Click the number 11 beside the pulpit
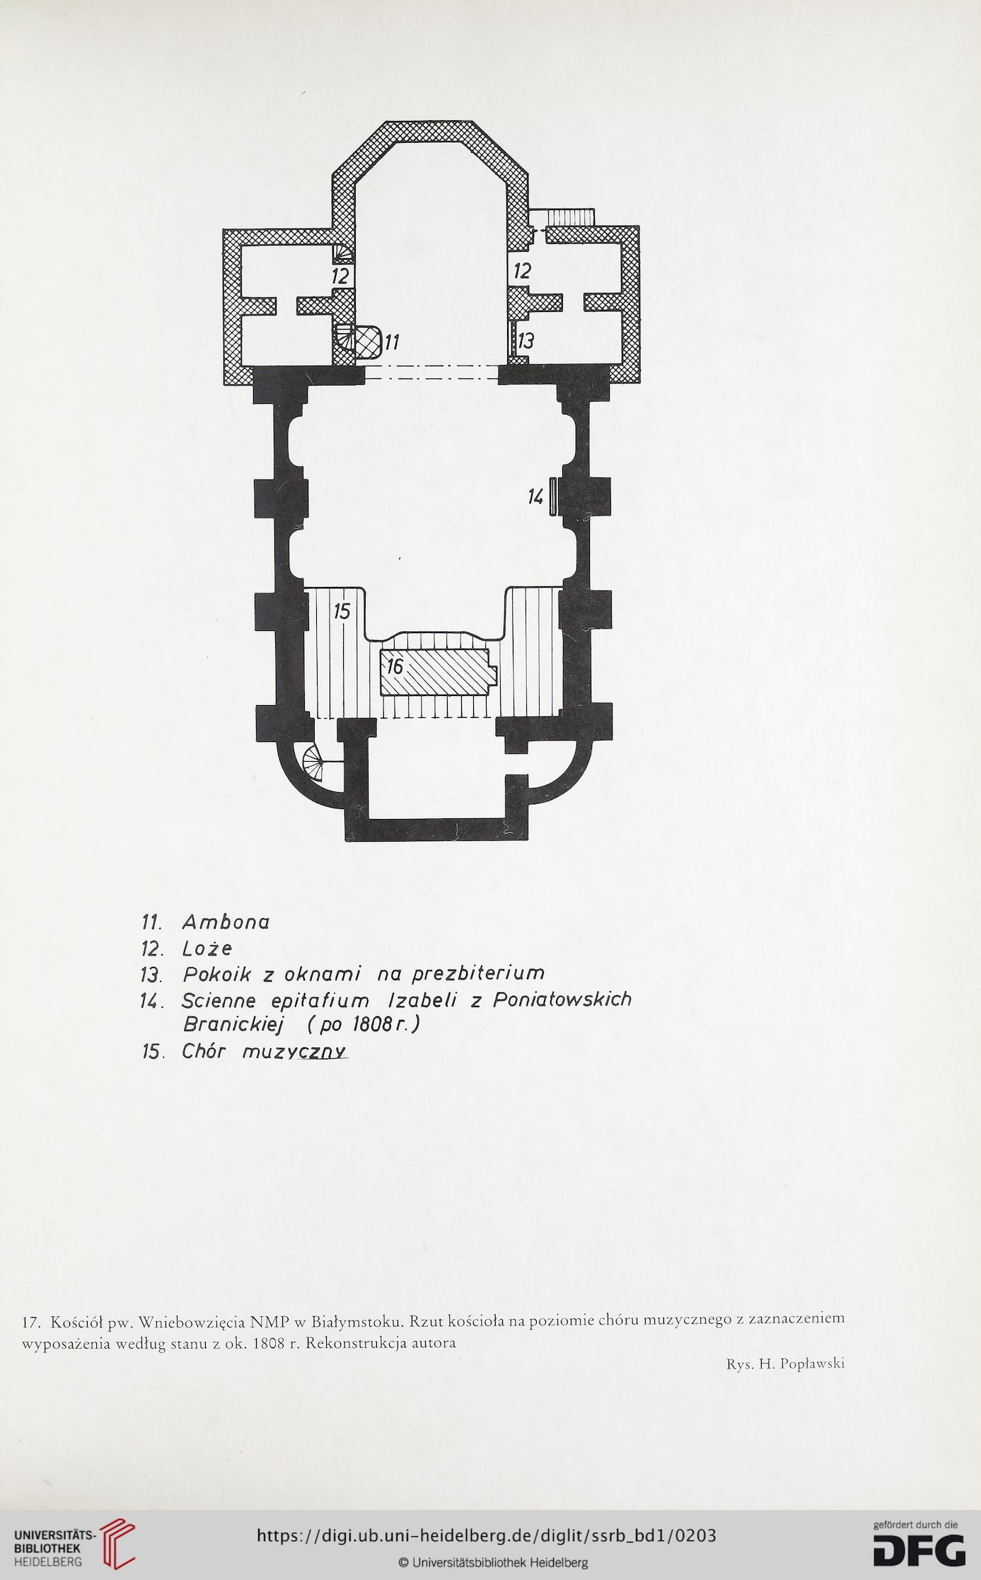tap(392, 342)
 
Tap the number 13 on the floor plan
tap(526, 342)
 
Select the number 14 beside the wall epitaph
tap(535, 497)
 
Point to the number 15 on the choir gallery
tap(342, 611)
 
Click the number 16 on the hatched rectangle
tap(394, 666)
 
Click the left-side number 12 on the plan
tap(341, 274)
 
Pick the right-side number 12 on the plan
tap(523, 270)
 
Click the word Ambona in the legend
tap(226, 922)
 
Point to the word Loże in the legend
tap(207, 948)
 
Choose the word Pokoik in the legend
tap(218, 975)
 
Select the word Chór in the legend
tap(204, 1051)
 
